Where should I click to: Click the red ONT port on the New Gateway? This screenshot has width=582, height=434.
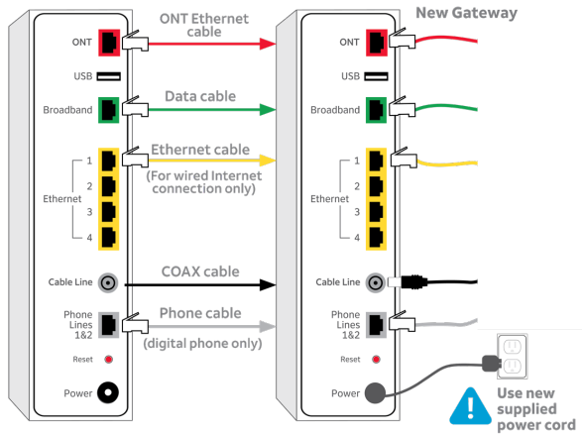pyautogui.click(x=376, y=43)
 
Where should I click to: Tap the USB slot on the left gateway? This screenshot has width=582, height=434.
pyautogui.click(x=108, y=75)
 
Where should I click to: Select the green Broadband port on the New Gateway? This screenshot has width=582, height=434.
pyautogui.click(x=376, y=109)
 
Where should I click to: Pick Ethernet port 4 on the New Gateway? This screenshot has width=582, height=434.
pyautogui.click(x=376, y=236)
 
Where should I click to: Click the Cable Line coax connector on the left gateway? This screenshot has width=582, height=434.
pyautogui.click(x=108, y=283)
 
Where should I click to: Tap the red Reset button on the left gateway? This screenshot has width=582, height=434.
pyautogui.click(x=108, y=360)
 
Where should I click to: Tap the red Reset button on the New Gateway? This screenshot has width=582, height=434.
pyautogui.click(x=376, y=360)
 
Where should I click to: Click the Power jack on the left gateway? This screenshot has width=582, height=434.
pyautogui.click(x=108, y=392)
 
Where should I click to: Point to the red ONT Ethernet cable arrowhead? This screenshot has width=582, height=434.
pyautogui.click(x=266, y=44)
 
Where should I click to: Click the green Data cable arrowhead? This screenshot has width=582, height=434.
pyautogui.click(x=266, y=110)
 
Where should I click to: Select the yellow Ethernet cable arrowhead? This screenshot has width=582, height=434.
pyautogui.click(x=266, y=160)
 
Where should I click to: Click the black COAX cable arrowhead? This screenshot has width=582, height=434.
pyautogui.click(x=266, y=284)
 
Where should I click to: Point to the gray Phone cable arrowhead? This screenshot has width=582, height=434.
pyautogui.click(x=266, y=325)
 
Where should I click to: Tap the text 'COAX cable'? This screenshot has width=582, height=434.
pyautogui.click(x=200, y=271)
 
